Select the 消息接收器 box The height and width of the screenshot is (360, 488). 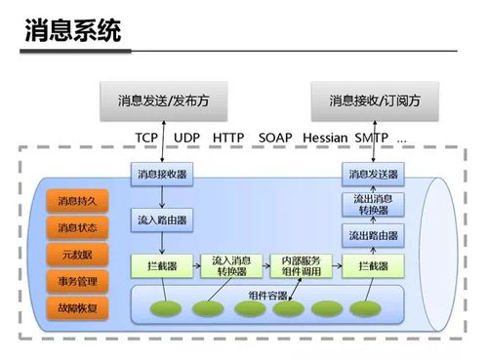point(161,175)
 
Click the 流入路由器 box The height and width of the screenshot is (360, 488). point(161,220)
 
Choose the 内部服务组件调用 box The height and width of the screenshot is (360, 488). point(301,265)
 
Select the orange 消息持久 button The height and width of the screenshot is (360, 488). point(76,201)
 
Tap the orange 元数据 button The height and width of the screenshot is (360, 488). point(76,255)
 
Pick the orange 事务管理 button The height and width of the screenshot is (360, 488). point(76,282)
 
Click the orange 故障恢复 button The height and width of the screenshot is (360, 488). point(76,308)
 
